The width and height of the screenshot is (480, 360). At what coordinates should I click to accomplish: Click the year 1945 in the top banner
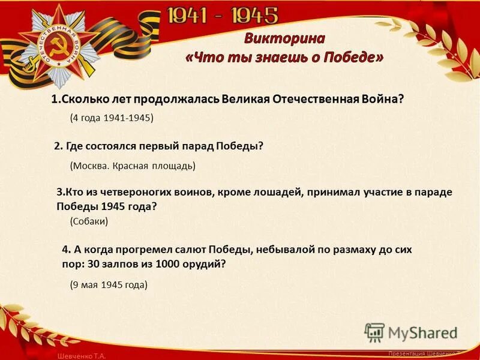pos(248,16)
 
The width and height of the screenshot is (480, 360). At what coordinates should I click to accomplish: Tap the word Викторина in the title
pos(284,39)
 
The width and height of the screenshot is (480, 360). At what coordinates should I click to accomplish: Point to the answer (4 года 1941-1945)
pos(112,118)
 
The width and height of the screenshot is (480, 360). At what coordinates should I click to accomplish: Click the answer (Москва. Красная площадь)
pos(133,165)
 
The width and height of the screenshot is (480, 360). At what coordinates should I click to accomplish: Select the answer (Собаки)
pos(89,221)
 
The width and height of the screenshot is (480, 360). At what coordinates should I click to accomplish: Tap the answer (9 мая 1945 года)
pos(108,284)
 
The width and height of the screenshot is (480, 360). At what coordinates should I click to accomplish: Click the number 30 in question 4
pos(95,263)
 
